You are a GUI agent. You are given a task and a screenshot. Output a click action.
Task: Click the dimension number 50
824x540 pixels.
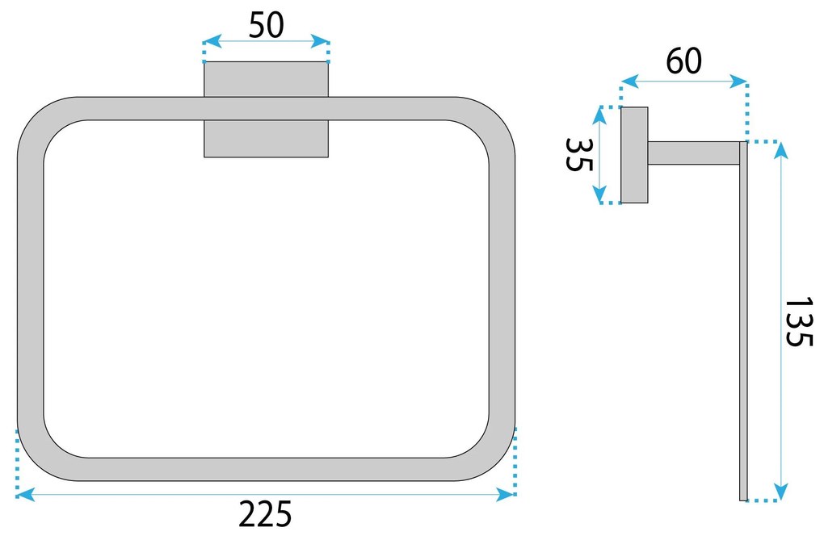(266, 26)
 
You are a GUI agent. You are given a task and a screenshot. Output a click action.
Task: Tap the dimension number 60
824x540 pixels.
(683, 61)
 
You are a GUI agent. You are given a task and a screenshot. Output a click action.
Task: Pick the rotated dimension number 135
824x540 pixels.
(798, 322)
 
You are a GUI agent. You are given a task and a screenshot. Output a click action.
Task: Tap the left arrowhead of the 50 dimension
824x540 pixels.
(208, 41)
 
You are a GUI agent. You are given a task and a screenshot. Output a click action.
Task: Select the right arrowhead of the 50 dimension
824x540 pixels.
(325, 41)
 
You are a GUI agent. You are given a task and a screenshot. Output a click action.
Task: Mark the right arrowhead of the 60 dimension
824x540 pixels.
(742, 82)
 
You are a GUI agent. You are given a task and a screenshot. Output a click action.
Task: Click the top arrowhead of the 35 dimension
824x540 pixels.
(599, 112)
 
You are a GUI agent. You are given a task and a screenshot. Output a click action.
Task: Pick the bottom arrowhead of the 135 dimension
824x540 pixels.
(780, 494)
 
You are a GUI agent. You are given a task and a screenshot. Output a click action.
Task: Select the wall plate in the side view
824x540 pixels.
(634, 155)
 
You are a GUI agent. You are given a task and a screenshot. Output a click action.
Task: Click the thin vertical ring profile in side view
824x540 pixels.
(743, 323)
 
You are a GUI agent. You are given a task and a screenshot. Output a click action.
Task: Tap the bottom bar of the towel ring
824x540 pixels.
(266, 469)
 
